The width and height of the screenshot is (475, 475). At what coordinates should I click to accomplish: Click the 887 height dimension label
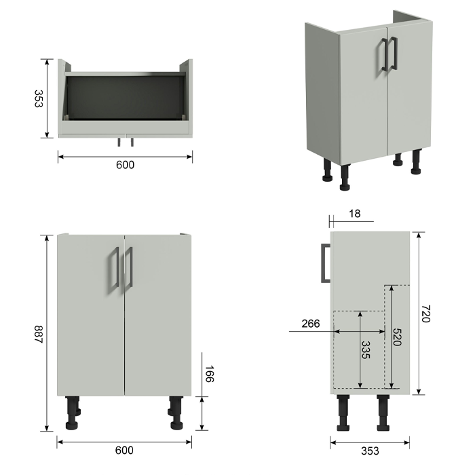click(39, 334)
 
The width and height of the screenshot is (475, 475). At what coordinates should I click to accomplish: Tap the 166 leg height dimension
click(210, 374)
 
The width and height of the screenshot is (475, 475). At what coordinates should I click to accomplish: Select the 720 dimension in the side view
click(425, 313)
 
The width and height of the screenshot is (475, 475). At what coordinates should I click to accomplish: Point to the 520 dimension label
click(397, 337)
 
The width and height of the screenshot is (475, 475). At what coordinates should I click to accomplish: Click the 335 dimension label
click(366, 350)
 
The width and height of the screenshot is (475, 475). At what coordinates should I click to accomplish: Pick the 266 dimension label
click(311, 324)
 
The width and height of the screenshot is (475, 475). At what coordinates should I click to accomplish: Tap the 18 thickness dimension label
click(354, 214)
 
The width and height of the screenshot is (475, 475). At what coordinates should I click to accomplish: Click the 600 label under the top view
click(125, 165)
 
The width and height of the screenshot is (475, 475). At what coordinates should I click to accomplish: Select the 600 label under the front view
click(124, 450)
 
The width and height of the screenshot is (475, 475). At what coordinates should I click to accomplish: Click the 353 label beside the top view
click(39, 98)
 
